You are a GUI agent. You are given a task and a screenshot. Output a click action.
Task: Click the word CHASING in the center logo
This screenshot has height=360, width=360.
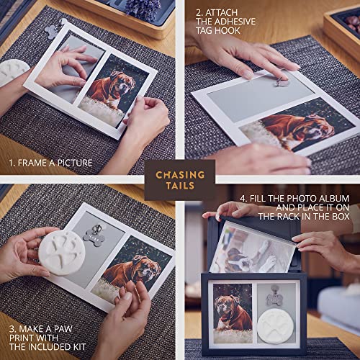click(180, 175)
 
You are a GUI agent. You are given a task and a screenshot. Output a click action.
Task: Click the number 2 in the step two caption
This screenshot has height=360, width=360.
click(197, 13)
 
